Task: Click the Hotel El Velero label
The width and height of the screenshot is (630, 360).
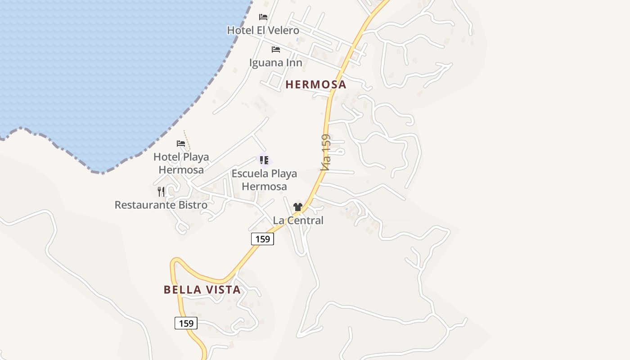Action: click(263, 31)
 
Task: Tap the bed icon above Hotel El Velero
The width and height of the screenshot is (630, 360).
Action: click(263, 17)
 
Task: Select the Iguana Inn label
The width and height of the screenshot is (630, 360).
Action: click(275, 63)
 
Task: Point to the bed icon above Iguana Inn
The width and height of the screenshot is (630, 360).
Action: click(276, 49)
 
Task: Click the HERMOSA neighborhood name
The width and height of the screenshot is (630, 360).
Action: click(316, 85)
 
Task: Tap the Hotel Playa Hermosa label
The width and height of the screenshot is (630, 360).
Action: click(181, 163)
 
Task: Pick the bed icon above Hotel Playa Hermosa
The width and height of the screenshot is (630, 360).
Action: click(181, 144)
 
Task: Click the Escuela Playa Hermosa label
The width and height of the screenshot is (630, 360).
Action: click(264, 180)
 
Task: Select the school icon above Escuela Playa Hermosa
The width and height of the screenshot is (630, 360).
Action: click(264, 160)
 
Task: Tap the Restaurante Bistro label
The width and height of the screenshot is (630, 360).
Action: click(161, 205)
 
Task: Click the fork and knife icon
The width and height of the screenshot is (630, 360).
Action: click(161, 192)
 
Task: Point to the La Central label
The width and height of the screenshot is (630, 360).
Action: click(298, 220)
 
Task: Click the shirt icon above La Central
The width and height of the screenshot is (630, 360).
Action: click(297, 207)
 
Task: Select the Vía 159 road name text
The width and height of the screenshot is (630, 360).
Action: click(326, 152)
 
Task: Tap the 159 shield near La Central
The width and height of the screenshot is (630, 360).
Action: click(262, 239)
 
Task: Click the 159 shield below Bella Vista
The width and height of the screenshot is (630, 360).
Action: click(186, 323)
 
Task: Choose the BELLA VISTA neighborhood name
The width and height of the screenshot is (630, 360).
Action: click(202, 290)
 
